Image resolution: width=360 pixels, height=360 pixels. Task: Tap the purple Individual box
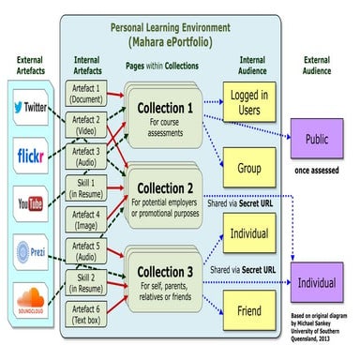click(316, 282)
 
